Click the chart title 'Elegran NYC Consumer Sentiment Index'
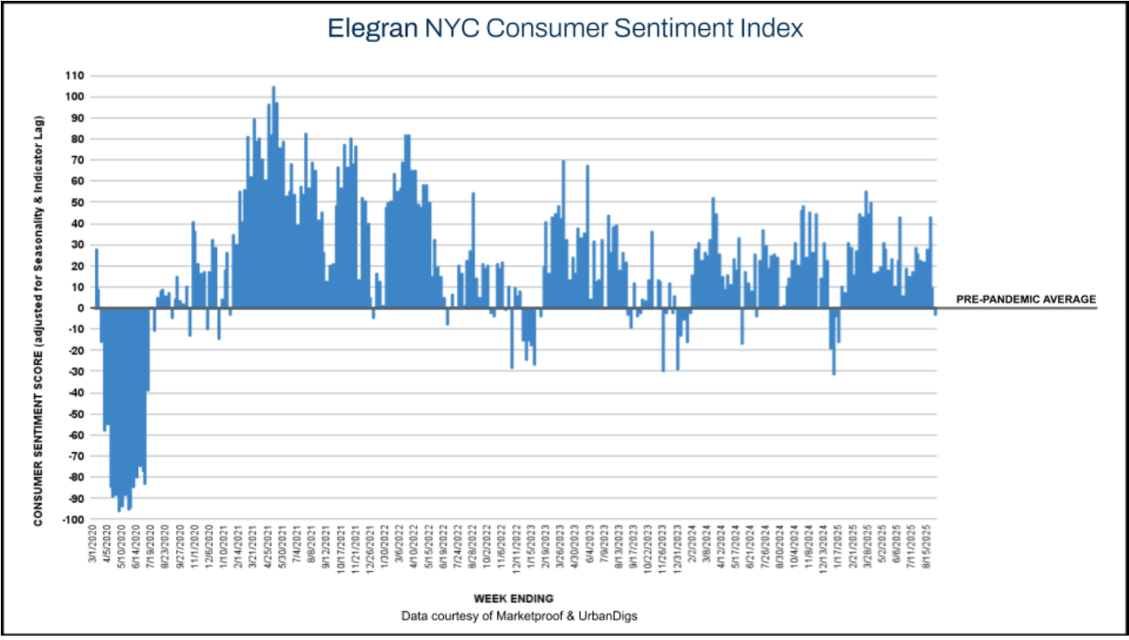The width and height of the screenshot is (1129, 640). click(565, 28)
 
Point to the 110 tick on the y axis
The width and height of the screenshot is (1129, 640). click(75, 76)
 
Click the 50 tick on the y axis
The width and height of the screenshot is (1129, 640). click(77, 202)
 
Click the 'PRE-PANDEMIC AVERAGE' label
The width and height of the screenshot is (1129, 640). click(1026, 300)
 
